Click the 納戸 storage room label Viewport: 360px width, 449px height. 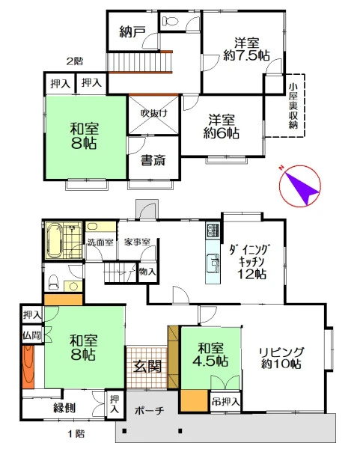coord(132,31)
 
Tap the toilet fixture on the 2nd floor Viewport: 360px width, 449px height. coord(170,20)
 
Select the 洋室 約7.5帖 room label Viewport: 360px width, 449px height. coord(246,49)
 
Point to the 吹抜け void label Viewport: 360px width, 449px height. coord(153,113)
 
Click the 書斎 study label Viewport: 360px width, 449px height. coord(153,160)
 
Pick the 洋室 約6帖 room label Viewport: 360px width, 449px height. coord(222,126)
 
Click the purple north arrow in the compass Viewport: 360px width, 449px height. coord(302,186)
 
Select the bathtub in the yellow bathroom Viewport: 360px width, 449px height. coord(54,240)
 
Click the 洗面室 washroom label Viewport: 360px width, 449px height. coord(100,242)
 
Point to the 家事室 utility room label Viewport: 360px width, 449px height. coord(137,242)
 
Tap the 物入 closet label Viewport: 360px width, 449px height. coord(147,271)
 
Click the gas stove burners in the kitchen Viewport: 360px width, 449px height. coord(213,230)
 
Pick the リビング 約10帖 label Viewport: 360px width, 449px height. coord(281,358)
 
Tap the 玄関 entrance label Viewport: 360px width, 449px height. coord(147,366)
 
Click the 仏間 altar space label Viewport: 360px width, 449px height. coord(31,335)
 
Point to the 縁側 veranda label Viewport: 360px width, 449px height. coord(64,408)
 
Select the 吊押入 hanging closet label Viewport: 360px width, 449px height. coord(225,402)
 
